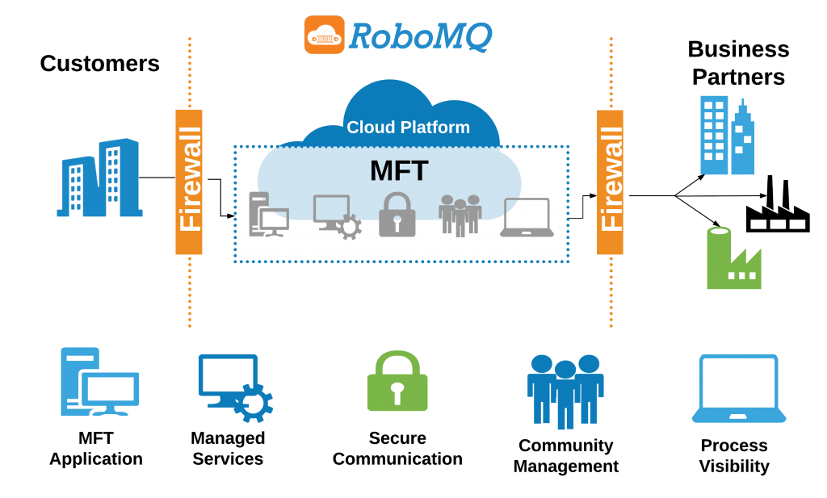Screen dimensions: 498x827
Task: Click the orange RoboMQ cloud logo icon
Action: [324, 35]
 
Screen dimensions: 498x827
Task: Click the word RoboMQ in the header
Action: [420, 36]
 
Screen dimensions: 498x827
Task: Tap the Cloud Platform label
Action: [408, 128]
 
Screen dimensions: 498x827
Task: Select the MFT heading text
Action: [399, 171]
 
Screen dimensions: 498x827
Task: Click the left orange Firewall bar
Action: [189, 182]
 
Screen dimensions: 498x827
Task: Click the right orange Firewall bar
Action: [611, 182]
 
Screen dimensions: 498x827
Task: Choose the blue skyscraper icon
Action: [727, 136]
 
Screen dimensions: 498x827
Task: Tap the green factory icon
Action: [733, 259]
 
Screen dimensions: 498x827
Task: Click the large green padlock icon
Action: [397, 383]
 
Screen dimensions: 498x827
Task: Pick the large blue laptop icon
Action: [739, 389]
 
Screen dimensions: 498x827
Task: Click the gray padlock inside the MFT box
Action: [397, 216]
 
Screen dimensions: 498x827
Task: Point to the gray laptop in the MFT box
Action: [527, 218]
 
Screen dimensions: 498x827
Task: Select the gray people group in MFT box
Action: [460, 216]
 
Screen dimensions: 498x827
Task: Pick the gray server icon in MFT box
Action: [267, 215]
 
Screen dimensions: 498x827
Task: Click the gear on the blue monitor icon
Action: [253, 404]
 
